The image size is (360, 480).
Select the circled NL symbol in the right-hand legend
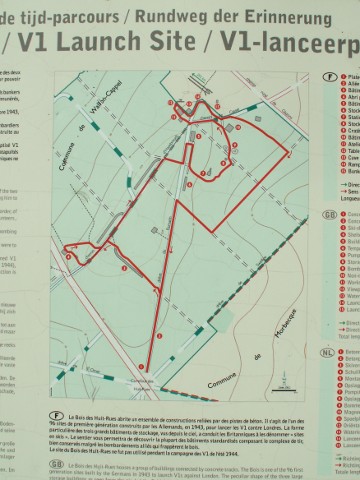coord(328,353)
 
